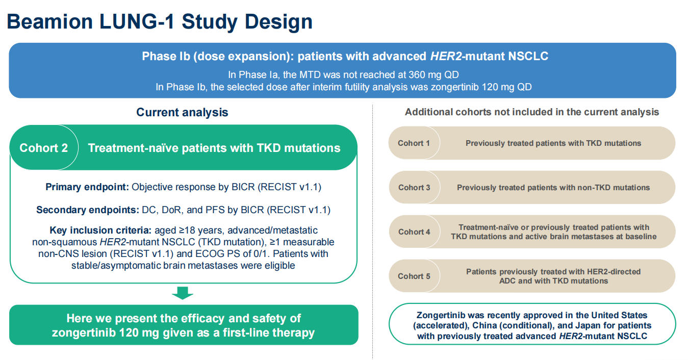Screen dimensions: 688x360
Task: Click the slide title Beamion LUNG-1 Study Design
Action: coord(160,21)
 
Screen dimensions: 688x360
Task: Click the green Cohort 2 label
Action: coord(44,148)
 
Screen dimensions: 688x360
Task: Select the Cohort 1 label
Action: coord(414,143)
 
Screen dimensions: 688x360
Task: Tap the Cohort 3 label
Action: coord(414,187)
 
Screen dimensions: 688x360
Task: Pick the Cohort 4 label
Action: coord(414,232)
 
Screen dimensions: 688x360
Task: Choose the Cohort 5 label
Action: coord(414,276)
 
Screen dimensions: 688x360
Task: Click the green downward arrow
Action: coord(183,293)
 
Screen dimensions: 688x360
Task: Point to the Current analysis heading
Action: coord(182,112)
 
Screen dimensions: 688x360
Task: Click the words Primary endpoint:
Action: coord(87,187)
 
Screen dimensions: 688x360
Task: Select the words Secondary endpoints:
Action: coord(88,210)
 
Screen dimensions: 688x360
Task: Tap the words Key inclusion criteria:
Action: coord(100,230)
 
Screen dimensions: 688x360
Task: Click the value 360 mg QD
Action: coord(434,74)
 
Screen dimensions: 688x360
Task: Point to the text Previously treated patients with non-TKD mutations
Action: coord(553,187)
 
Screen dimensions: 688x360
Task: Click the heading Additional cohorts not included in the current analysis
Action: coord(531,112)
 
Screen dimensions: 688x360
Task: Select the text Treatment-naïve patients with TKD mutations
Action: coord(214,148)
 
